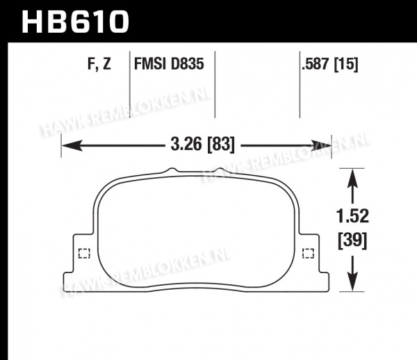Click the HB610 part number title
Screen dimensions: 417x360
click(75, 22)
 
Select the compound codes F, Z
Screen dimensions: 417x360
click(99, 64)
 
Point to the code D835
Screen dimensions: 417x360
click(187, 64)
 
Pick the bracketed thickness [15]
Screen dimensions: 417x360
click(346, 65)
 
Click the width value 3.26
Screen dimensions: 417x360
click(186, 145)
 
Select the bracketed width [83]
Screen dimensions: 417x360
click(221, 145)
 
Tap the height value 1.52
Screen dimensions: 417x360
click(352, 216)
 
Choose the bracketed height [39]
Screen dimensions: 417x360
click(352, 241)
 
